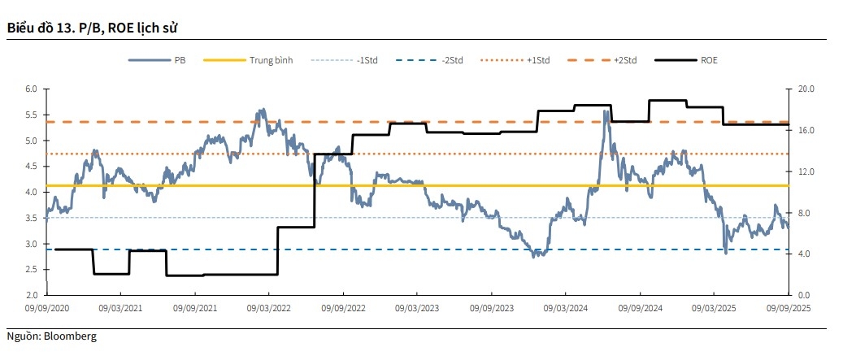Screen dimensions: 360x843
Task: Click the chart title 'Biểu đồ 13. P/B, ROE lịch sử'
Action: (x=92, y=28)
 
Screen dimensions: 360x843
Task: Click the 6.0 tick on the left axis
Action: (x=32, y=89)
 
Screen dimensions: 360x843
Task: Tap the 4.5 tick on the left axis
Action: (x=32, y=167)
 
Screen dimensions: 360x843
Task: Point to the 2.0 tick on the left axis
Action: (x=32, y=295)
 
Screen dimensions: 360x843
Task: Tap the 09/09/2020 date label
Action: (x=47, y=309)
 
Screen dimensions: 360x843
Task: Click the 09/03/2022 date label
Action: (x=269, y=309)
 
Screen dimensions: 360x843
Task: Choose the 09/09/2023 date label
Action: (x=492, y=309)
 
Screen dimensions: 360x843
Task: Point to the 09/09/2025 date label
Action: (x=788, y=309)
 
